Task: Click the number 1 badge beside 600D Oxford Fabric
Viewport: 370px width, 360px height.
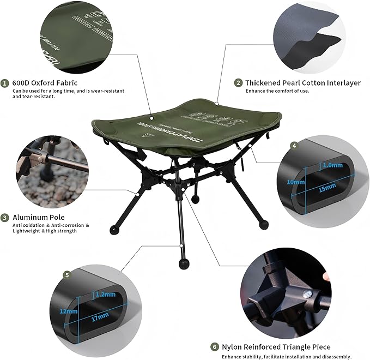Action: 5,83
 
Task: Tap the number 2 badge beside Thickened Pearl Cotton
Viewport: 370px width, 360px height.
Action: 238,83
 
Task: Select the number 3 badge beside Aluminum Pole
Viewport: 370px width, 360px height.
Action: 5,217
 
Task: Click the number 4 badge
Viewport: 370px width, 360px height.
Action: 294,146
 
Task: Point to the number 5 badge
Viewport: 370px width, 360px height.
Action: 66,275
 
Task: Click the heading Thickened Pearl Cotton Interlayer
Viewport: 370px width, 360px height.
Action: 302,83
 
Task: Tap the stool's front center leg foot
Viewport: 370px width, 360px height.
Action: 183,264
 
